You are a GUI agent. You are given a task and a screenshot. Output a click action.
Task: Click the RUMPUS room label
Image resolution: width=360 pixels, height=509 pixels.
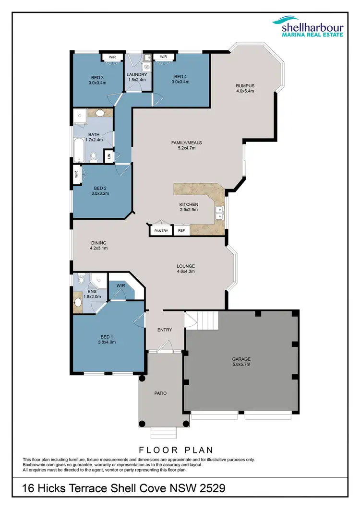(244, 86)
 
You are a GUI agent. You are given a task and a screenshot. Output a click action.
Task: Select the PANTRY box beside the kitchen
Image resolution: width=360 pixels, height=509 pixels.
(161, 231)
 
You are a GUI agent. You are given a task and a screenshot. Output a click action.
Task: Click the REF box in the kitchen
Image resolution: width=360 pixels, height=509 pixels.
(181, 231)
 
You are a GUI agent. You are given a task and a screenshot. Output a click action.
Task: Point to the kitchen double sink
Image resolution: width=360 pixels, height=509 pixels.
(219, 213)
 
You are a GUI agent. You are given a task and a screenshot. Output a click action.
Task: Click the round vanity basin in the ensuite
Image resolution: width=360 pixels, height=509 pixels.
(78, 302)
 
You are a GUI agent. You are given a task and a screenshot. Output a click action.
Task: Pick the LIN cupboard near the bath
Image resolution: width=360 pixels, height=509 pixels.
(109, 155)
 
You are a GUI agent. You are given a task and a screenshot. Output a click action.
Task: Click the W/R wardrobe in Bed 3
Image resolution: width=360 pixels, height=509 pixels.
(112, 57)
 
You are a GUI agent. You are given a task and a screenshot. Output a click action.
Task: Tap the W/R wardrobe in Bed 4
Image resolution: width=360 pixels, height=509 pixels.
(163, 57)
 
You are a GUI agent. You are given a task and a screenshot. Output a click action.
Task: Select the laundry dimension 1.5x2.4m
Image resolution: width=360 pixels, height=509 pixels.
(136, 81)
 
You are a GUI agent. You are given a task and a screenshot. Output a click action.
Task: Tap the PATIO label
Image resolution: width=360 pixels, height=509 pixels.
(160, 393)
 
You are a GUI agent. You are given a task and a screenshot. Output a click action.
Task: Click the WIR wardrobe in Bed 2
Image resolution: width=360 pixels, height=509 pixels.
(76, 175)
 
